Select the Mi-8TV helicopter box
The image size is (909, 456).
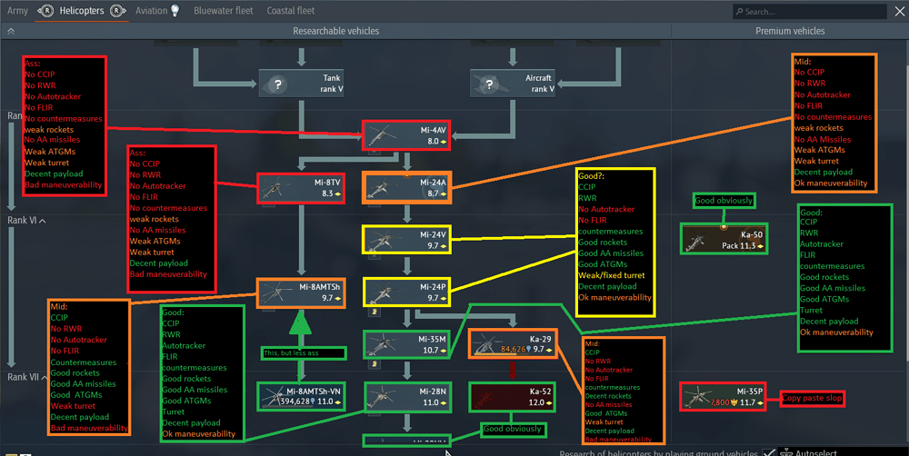[x=300, y=188]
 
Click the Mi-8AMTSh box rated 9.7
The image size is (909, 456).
[x=300, y=292]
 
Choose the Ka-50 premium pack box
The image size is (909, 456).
[x=723, y=239]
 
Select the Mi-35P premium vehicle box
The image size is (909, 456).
[x=723, y=396]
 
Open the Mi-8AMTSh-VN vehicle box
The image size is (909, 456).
[x=300, y=396]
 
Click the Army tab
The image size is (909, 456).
[x=17, y=11]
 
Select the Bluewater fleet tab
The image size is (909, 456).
[x=222, y=11]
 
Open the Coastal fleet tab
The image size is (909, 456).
[x=291, y=11]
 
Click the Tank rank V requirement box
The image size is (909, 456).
[x=301, y=84]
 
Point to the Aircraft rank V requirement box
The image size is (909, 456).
[x=512, y=84]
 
